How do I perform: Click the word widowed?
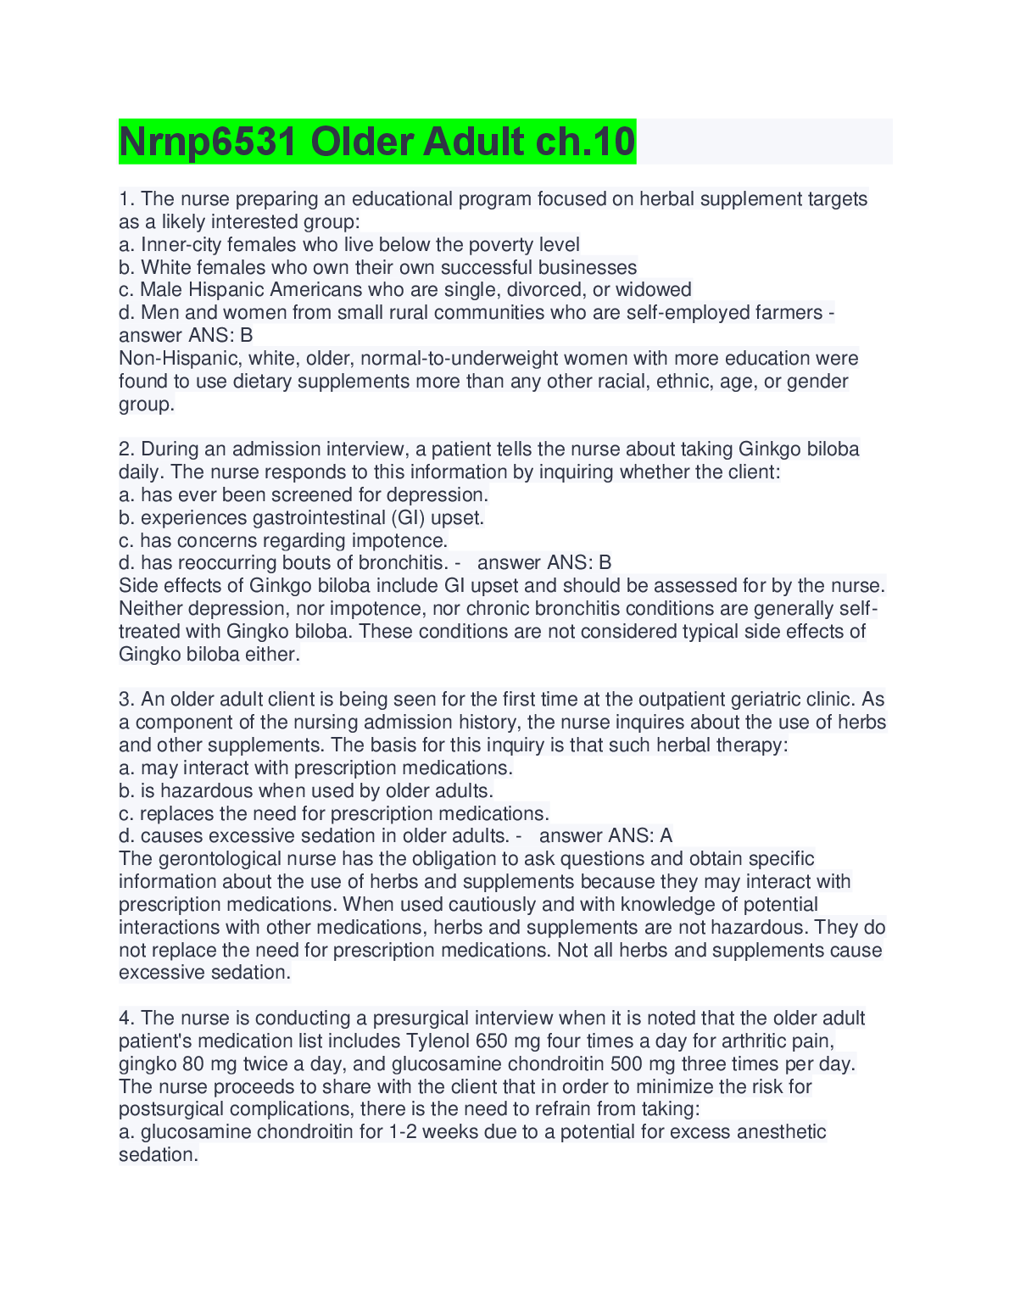coord(654,290)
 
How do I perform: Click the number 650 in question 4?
coord(492,1041)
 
